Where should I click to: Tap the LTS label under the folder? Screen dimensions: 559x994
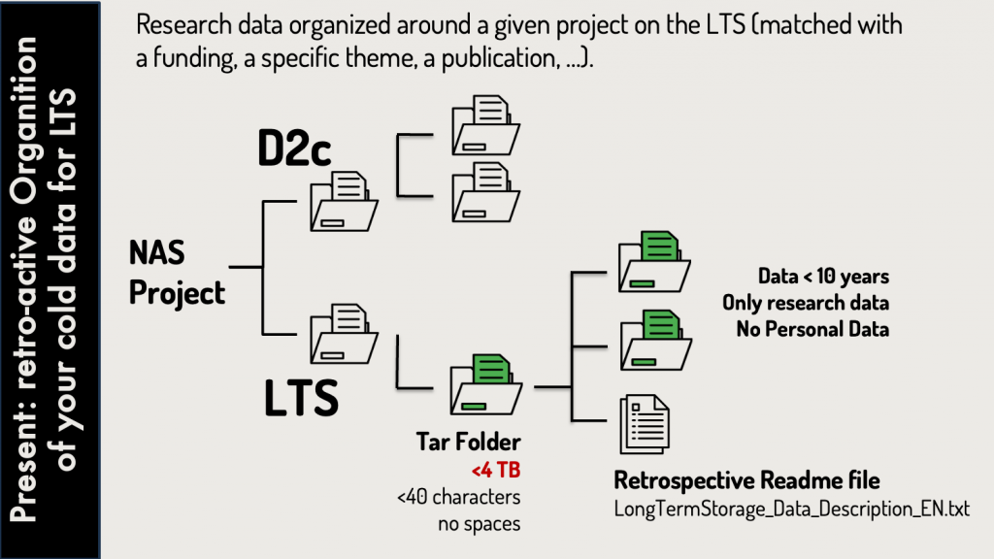[x=302, y=397]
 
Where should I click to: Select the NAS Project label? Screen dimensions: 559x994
[x=178, y=273]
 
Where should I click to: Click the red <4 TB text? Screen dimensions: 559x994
[x=496, y=472]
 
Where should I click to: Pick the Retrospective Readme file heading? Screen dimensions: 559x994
[x=746, y=480]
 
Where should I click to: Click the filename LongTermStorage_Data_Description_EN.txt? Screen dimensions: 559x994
[x=792, y=509]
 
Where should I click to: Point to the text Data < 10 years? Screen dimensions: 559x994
[x=823, y=276]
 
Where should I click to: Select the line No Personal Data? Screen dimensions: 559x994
[x=812, y=329]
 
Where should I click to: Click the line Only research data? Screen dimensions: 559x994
[x=806, y=303]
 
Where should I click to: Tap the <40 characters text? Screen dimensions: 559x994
[x=458, y=498]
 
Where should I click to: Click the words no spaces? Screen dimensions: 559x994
[x=479, y=524]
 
